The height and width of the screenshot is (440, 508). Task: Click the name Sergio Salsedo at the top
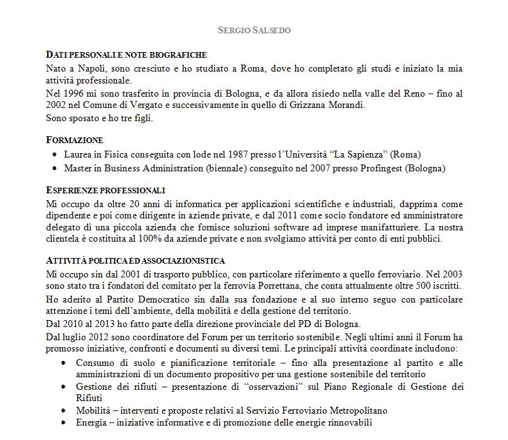click(x=254, y=30)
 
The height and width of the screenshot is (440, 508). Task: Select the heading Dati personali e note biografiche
click(x=126, y=55)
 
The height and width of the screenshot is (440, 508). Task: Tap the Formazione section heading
click(x=75, y=140)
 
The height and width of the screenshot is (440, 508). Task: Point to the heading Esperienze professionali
click(x=105, y=190)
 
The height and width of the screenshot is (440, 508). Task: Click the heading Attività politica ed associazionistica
click(x=136, y=260)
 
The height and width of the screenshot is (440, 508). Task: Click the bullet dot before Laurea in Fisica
click(x=56, y=154)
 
